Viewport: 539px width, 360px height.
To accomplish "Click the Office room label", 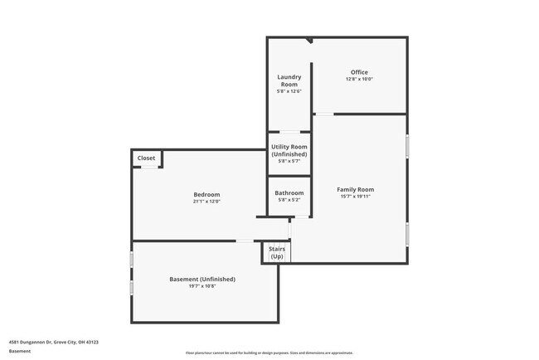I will coord(359,72).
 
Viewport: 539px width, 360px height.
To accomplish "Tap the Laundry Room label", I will coord(289,80).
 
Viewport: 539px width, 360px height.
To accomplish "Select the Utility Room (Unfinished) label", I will coord(289,150).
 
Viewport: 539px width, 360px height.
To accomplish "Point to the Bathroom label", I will coord(289,192).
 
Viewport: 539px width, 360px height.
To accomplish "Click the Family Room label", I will coord(355,189).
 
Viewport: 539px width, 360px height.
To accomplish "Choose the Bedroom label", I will coord(206,194).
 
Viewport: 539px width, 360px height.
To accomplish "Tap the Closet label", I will coord(146,158).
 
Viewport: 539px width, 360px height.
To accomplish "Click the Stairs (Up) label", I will coord(277,252).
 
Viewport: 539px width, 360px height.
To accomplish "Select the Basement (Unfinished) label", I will coord(202,279).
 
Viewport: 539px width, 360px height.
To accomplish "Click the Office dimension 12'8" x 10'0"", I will coord(359,80).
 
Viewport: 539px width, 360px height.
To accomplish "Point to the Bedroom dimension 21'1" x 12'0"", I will coord(206,202).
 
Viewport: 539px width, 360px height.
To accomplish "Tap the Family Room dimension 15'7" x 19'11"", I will coord(355,197).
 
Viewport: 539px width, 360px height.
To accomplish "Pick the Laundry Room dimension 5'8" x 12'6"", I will coord(289,91).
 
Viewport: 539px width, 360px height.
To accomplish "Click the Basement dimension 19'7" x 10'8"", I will coord(202,286).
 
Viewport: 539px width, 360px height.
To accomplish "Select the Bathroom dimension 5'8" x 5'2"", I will coord(289,199).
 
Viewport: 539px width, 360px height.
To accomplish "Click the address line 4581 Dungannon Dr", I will coord(54,341).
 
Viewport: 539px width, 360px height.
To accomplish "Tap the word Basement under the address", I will coord(20,350).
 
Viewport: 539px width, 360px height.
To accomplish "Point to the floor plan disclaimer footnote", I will coord(269,353).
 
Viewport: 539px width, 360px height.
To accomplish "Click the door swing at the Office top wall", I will coord(308,41).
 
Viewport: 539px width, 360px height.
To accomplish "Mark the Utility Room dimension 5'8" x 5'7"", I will coord(289,161).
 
